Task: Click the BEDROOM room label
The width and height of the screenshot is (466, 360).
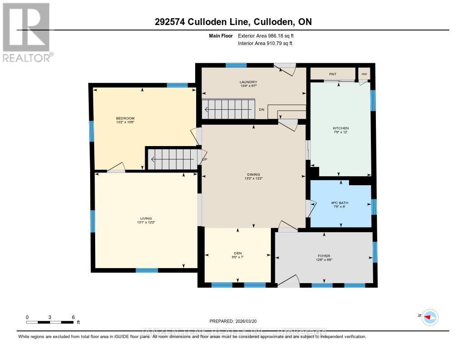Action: tap(125, 118)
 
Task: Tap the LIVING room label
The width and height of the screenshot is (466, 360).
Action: tap(146, 218)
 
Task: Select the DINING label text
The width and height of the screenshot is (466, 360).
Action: tap(253, 174)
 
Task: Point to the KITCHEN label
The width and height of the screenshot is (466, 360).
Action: tap(340, 128)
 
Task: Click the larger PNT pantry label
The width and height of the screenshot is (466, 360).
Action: tap(332, 74)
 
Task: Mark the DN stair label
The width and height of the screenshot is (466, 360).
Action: tap(262, 110)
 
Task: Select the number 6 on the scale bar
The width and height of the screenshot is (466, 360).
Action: tap(73, 317)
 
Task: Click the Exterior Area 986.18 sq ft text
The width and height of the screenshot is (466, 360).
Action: tap(269, 35)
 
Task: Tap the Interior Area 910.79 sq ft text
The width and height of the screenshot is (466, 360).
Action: tap(265, 43)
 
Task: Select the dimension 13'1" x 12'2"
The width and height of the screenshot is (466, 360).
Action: tap(146, 223)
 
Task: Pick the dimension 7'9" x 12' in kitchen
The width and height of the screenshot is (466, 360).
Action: tap(340, 132)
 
